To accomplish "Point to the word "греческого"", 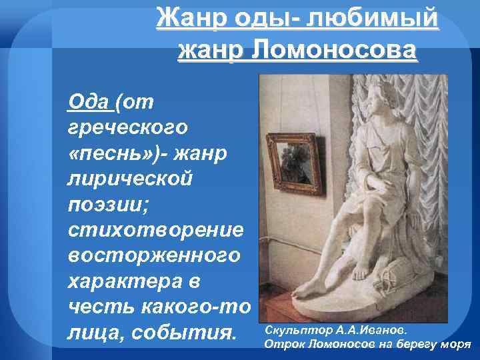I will coord(127,127).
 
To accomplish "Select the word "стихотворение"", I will coord(155,229).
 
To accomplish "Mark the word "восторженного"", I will coord(155,255).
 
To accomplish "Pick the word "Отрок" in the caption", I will coord(279,344).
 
